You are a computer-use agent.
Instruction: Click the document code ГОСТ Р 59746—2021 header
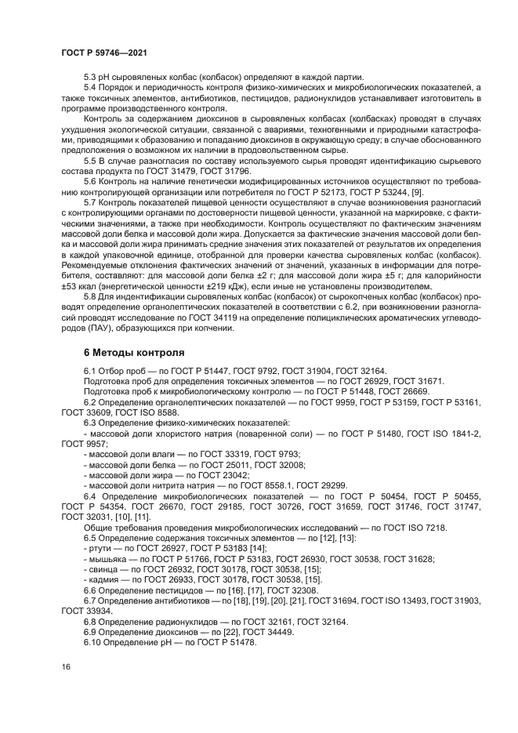coord(104,52)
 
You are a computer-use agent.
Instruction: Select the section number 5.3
coord(91,77)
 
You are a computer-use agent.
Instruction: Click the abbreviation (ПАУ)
coord(99,331)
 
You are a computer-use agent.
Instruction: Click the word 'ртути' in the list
coord(100,549)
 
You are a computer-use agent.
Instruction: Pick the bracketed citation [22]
coord(206,631)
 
